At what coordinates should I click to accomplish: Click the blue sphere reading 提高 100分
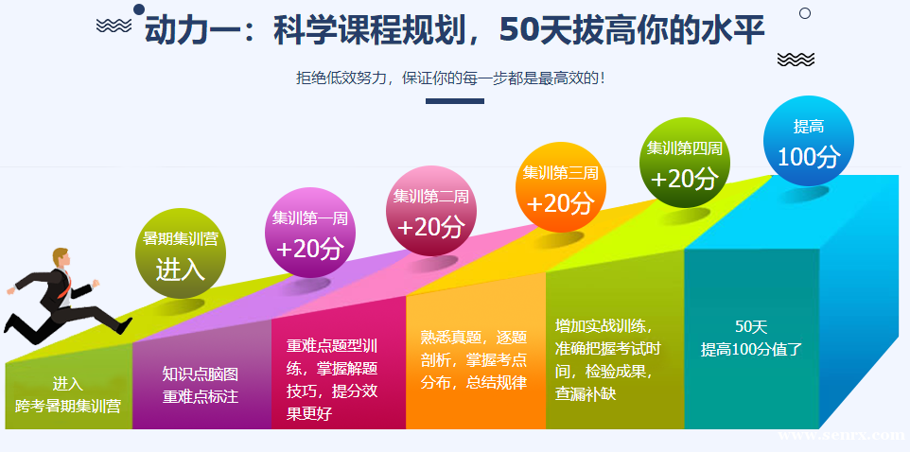pos(808,141)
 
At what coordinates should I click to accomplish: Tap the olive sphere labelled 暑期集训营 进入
pos(181,253)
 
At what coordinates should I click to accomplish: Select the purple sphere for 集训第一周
pos(310,234)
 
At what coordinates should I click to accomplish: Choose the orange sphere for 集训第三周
pos(561,187)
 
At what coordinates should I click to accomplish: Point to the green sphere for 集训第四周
pos(685,163)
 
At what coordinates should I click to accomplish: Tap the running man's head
pos(61,258)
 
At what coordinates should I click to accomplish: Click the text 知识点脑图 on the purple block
pos(201,374)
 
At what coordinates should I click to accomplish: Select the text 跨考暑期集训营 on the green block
pos(68,406)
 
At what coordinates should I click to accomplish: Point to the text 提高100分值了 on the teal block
pos(751,349)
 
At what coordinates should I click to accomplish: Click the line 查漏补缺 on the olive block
pos(585,394)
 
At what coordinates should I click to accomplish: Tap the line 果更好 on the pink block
pos(308,414)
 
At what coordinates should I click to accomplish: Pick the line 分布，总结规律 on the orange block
pos(474,383)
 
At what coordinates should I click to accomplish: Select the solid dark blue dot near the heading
pos(139,9)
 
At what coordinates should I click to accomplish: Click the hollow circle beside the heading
pos(805,13)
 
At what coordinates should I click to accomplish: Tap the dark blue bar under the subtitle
pos(455,101)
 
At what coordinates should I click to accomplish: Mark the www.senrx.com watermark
pos(842,435)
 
